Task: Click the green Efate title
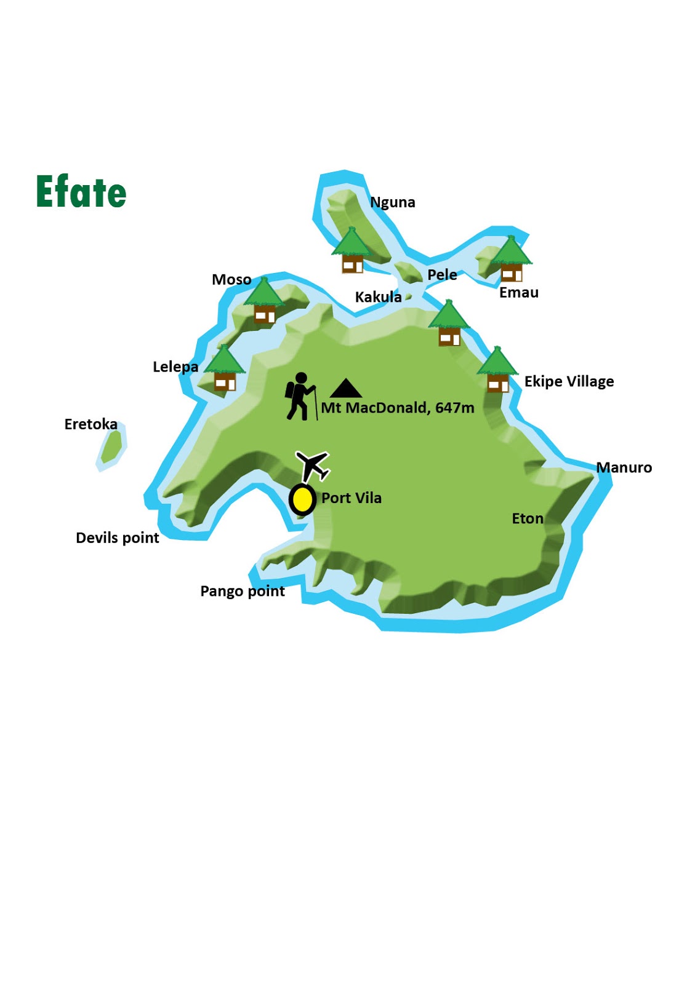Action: (x=81, y=192)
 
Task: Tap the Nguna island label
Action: (x=393, y=202)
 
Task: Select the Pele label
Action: (x=442, y=275)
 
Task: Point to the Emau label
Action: (x=518, y=293)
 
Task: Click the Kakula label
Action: (x=378, y=297)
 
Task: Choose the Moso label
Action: (x=231, y=280)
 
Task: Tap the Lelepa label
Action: (x=175, y=367)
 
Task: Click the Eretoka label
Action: (x=90, y=424)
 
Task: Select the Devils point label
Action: (x=117, y=538)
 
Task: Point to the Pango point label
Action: (x=243, y=592)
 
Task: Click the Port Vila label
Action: (x=351, y=498)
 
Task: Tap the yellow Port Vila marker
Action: (x=302, y=499)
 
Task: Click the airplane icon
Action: (x=313, y=466)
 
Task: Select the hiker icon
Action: (x=300, y=396)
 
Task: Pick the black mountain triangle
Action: (x=346, y=388)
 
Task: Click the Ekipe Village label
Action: (x=569, y=382)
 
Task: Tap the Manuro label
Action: (x=624, y=468)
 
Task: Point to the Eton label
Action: (x=528, y=519)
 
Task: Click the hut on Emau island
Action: (x=511, y=260)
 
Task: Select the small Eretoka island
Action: (x=111, y=447)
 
